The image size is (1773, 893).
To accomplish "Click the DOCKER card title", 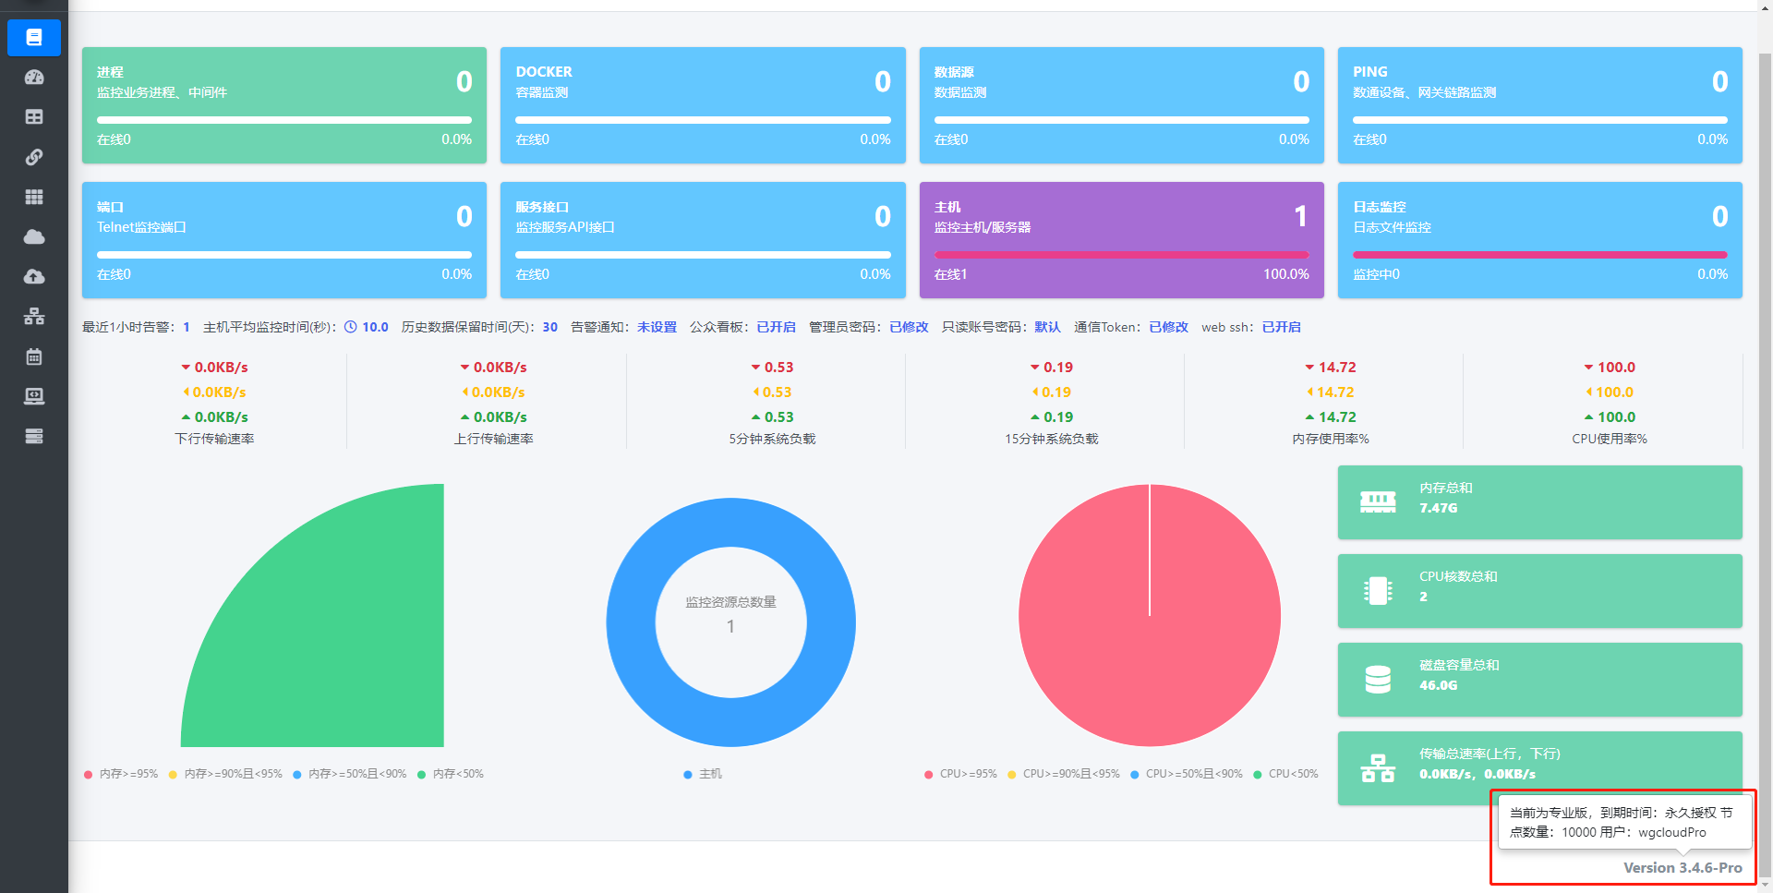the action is coord(544,72).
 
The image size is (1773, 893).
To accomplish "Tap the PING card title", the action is coord(1370,72).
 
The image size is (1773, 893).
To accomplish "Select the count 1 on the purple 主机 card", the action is coord(1300,216).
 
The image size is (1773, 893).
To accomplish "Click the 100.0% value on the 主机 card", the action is coord(1286,274).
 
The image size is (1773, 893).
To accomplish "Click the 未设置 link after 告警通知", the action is coord(657,327).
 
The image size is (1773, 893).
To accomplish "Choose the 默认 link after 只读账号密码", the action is coord(1047,327).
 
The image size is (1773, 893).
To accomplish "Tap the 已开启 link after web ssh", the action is coord(1281,327).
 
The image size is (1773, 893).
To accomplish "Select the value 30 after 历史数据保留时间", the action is coord(550,327).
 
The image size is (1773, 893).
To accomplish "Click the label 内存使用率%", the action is coord(1331,439).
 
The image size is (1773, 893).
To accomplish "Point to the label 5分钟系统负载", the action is coord(772,439).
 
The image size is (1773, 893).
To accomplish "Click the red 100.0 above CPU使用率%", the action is coord(1616,368).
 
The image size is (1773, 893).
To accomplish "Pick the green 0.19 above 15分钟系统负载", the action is coord(1058,417).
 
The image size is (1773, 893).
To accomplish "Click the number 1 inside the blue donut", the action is coord(730,626).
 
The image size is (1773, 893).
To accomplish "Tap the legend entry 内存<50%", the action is coord(458,774).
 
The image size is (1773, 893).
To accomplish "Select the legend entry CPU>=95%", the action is coord(968,774).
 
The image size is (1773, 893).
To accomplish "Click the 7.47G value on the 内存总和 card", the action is coord(1438,508).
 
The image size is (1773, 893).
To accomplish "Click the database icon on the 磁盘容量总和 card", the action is coord(1378,680).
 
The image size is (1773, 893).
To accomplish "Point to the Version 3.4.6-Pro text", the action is coord(1683,868).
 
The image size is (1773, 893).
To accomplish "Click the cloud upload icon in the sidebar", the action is coord(34,276).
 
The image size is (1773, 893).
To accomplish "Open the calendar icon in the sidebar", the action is coord(34,356).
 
